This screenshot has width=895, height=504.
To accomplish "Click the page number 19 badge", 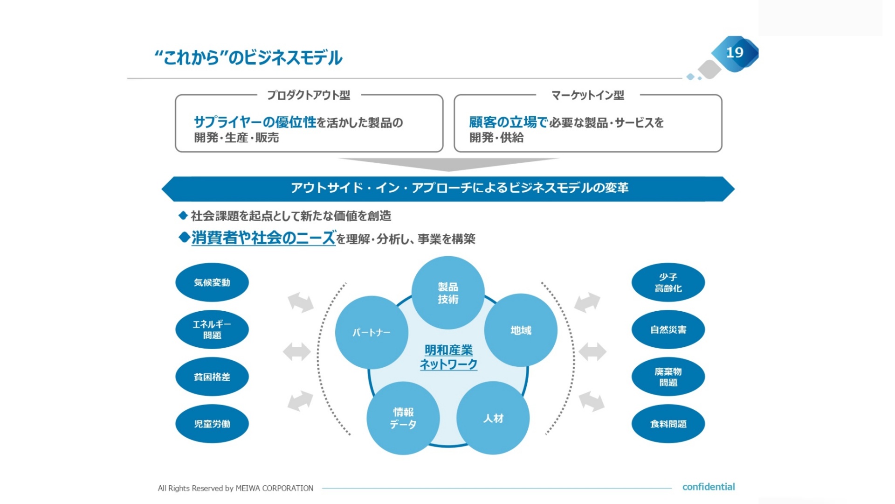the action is click(735, 53).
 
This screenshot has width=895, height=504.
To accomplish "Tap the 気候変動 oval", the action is click(212, 282).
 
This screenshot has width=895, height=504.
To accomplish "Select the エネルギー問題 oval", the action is click(212, 329).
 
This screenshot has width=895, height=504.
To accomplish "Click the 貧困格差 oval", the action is click(212, 377).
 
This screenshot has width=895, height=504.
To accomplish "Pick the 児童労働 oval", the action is click(212, 424).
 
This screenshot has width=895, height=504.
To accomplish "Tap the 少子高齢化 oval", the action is click(668, 282).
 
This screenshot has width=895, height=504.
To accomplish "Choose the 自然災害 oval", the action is click(668, 329).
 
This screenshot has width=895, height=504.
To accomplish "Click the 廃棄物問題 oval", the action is click(668, 377).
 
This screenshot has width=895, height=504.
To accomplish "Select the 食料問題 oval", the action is click(668, 424).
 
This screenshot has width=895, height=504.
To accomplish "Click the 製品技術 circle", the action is click(448, 293).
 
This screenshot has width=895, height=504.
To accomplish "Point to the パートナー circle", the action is click(372, 332).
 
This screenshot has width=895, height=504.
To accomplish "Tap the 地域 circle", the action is click(521, 330).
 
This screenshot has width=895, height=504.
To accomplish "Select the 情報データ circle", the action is click(403, 418).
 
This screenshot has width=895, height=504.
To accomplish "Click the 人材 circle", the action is click(493, 418).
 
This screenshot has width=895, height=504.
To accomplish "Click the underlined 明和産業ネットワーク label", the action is click(448, 357).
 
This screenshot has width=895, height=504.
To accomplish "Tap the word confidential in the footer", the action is click(709, 487).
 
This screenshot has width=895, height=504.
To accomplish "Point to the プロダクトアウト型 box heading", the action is click(309, 95).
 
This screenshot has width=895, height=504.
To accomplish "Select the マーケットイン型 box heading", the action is click(588, 95).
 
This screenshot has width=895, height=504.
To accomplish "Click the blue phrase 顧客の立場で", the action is click(509, 122).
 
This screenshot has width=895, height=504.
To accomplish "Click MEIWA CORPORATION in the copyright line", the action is click(275, 488).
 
